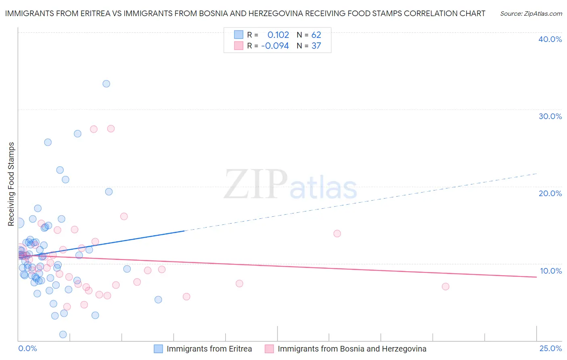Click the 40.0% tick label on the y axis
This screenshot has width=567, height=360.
(550, 39)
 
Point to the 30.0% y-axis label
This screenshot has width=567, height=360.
(550, 116)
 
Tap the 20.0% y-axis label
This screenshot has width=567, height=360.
(550, 193)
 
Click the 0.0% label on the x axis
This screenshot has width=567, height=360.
(27, 348)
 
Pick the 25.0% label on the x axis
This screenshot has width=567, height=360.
(550, 348)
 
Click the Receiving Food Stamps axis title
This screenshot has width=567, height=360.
(11, 184)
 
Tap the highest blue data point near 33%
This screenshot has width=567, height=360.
(106, 84)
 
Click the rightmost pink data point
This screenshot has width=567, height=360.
(445, 287)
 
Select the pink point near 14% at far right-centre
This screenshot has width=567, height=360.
(337, 234)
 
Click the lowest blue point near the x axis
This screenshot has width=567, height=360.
(63, 335)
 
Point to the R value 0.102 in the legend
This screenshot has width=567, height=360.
(278, 35)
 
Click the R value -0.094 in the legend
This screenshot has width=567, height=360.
(275, 46)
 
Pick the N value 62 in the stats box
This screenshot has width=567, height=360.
(316, 35)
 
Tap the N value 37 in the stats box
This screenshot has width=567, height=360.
(316, 46)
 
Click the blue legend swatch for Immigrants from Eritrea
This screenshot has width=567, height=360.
(158, 349)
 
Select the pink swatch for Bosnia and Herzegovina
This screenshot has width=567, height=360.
(269, 349)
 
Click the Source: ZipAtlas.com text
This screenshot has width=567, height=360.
(531, 14)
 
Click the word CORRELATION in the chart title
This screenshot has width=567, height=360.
(429, 13)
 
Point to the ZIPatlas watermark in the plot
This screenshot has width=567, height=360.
(290, 185)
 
